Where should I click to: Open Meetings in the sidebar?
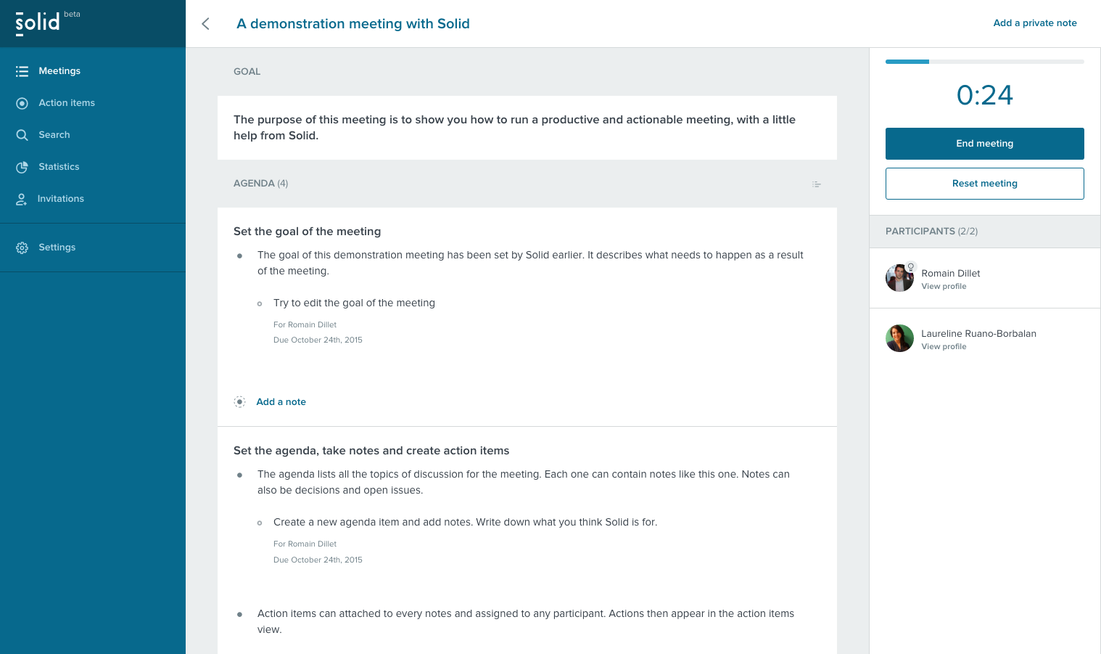click(x=59, y=71)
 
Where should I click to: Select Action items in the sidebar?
click(x=67, y=103)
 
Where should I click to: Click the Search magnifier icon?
click(x=22, y=135)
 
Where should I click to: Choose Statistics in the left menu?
click(x=59, y=167)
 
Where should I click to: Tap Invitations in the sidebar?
click(x=60, y=199)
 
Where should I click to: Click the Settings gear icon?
click(x=22, y=248)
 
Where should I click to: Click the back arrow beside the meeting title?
click(x=206, y=24)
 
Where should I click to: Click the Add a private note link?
click(x=1034, y=23)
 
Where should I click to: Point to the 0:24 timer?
click(x=984, y=95)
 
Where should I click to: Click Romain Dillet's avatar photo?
click(x=899, y=278)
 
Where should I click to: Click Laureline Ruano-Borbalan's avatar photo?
click(x=899, y=338)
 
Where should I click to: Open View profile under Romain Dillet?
click(x=944, y=287)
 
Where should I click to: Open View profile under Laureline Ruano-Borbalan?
click(x=944, y=347)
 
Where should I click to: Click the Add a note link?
click(x=281, y=402)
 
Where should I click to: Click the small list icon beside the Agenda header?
click(x=817, y=184)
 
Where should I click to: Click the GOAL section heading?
click(x=247, y=72)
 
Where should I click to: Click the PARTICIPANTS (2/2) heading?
click(x=931, y=232)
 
